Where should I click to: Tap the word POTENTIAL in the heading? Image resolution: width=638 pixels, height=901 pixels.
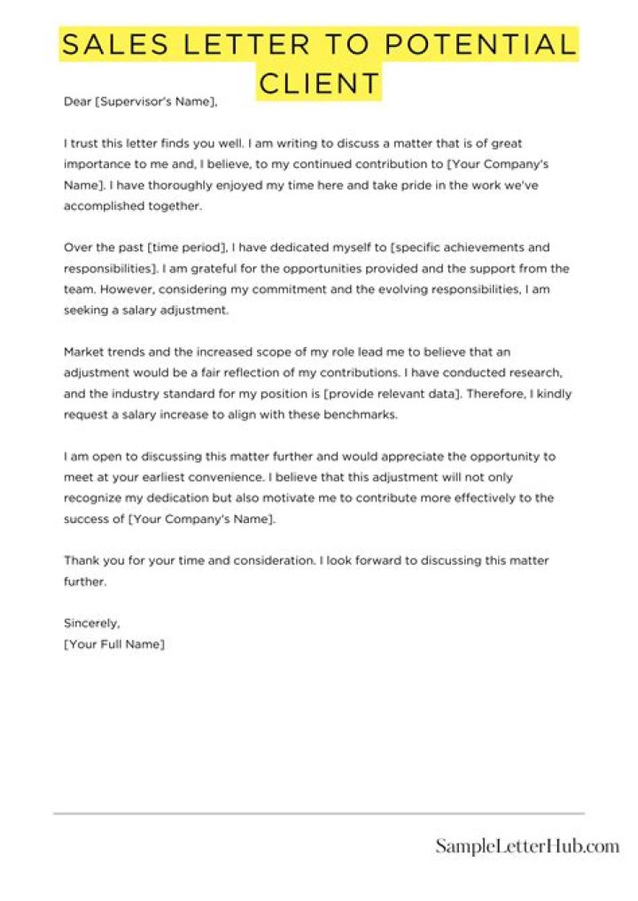point(475,43)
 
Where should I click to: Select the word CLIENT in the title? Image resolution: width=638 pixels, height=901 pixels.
point(319,83)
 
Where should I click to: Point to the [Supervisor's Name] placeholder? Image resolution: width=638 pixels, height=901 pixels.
point(155,102)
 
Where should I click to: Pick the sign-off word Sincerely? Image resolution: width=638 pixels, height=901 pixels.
point(91,623)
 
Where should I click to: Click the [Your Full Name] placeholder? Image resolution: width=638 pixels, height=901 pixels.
point(114,644)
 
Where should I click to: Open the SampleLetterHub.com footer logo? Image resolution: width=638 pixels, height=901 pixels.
point(527,847)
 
